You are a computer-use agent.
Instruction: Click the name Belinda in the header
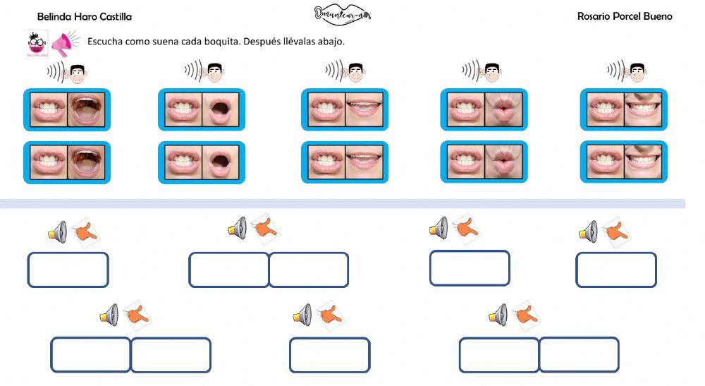(x=54, y=17)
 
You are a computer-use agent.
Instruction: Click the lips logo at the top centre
(x=343, y=14)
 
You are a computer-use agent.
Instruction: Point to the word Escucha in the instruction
(x=104, y=41)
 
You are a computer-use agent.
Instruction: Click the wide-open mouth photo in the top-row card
(x=88, y=109)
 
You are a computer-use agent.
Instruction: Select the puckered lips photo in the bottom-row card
(x=505, y=162)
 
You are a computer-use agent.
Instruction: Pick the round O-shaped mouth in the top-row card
(x=223, y=109)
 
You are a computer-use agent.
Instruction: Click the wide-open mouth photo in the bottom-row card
(x=88, y=162)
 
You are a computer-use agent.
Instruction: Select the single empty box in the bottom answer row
(x=329, y=355)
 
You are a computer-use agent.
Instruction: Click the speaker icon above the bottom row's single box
(x=302, y=315)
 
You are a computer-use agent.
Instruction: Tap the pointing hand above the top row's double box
(x=266, y=228)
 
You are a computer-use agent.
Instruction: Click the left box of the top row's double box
(x=228, y=270)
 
